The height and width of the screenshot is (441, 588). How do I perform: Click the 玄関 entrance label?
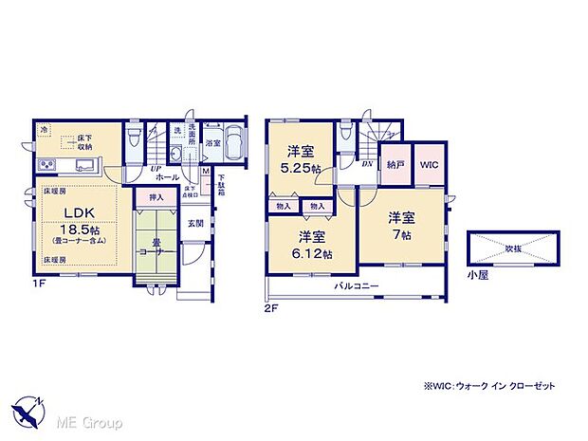coord(193,223)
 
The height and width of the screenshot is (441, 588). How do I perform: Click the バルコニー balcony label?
coord(356,285)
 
